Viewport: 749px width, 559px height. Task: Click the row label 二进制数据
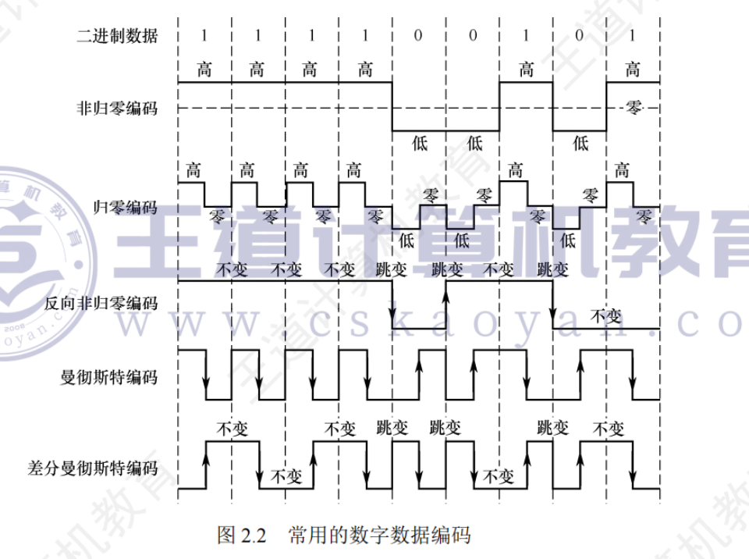coord(117,36)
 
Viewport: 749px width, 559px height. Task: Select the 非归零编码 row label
coord(117,108)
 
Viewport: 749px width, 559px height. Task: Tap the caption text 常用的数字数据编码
coord(379,536)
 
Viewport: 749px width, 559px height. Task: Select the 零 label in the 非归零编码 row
coord(634,109)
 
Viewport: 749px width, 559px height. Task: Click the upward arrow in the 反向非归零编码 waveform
coord(445,290)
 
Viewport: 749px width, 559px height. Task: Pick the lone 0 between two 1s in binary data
coord(580,36)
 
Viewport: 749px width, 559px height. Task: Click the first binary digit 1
coord(204,36)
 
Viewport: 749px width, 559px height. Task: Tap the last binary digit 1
coord(632,36)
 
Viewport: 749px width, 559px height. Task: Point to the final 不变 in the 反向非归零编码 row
coord(605,316)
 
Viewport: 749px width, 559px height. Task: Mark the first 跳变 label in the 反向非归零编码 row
coord(392,269)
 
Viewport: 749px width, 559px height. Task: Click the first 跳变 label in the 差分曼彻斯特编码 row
coord(392,428)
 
